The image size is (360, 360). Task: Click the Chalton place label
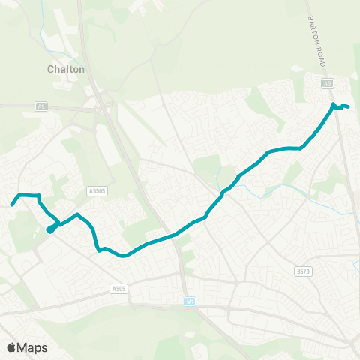[66, 69]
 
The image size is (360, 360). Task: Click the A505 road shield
[117, 287]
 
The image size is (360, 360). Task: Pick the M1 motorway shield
[189, 302]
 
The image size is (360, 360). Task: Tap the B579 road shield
[303, 271]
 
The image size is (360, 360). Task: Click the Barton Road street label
[318, 40]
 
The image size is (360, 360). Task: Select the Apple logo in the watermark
[11, 347]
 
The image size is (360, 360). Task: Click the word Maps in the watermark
[32, 347]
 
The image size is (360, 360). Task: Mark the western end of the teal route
[11, 204]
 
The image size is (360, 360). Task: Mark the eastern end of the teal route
[349, 106]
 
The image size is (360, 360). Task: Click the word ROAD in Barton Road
[322, 55]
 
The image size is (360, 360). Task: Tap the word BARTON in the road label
[314, 28]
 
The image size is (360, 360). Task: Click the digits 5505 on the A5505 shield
[99, 191]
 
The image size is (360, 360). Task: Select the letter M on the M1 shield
[187, 302]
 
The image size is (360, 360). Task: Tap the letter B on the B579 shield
[298, 271]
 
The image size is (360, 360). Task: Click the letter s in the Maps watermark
[44, 348]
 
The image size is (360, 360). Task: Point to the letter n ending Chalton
[81, 69]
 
